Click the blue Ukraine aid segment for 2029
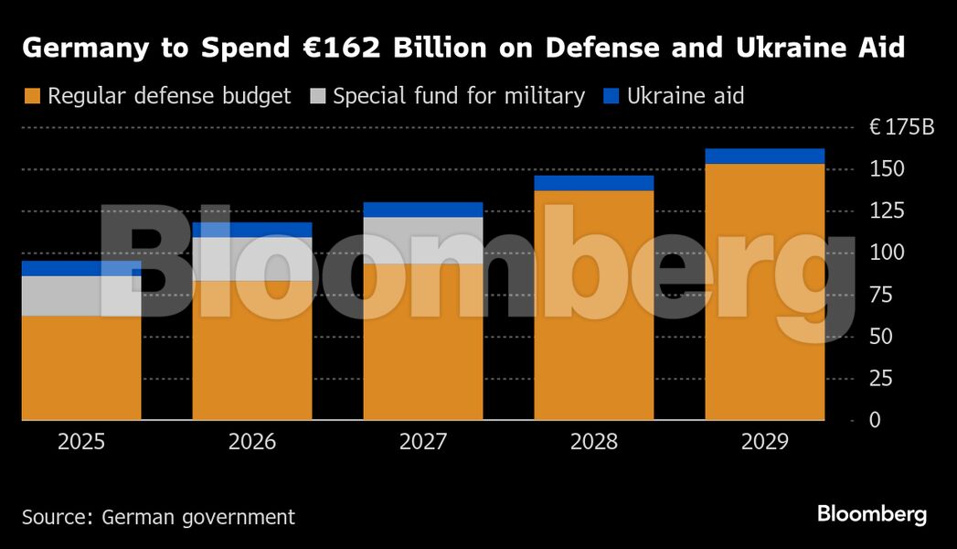pyautogui.click(x=764, y=156)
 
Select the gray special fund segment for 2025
pyautogui.click(x=81, y=296)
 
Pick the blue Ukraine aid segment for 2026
pyautogui.click(x=252, y=230)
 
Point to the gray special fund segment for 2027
pyautogui.click(x=423, y=240)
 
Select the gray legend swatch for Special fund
pyautogui.click(x=316, y=96)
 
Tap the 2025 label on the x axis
pyautogui.click(x=81, y=443)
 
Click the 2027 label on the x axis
pyautogui.click(x=423, y=443)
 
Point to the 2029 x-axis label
pyautogui.click(x=764, y=443)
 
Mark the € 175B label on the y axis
pyautogui.click(x=901, y=128)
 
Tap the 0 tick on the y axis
pyautogui.click(x=877, y=421)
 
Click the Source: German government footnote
pyautogui.click(x=159, y=517)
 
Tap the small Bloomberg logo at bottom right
pyautogui.click(x=872, y=514)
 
